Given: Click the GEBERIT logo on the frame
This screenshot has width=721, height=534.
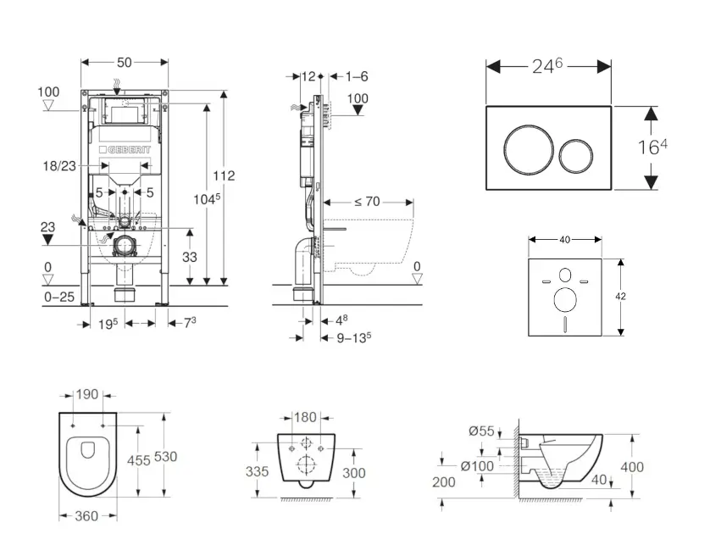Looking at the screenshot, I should (126, 151).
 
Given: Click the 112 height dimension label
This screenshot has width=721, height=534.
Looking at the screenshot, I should (224, 175).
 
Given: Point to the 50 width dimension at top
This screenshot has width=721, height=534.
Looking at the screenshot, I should (125, 62).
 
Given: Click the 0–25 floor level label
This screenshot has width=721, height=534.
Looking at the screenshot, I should (58, 297).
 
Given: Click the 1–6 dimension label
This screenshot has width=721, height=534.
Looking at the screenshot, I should (357, 76).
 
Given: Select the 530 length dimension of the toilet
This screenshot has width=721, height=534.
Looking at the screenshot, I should (166, 457).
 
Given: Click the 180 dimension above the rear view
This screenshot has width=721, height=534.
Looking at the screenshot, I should (305, 416).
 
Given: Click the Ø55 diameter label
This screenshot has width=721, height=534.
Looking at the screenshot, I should (482, 429).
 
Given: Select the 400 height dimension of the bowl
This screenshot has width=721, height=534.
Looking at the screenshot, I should (631, 466).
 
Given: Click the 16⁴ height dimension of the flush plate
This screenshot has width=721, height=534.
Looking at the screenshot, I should (652, 146).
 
